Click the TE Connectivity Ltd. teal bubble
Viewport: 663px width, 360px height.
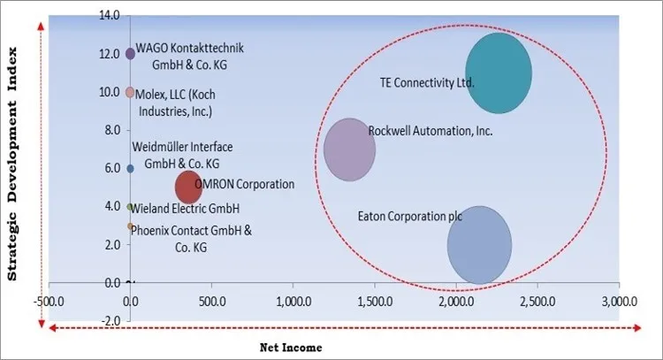point(499,74)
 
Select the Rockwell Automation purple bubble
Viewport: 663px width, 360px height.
point(350,149)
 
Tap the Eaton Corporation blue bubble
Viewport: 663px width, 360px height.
point(479,245)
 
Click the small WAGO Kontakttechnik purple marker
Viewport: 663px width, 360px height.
point(130,54)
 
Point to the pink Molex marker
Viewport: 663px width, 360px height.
point(130,92)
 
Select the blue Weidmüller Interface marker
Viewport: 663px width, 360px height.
point(130,168)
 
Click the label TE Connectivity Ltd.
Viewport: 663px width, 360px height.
point(427,83)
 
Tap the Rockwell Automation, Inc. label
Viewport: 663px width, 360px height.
point(431,131)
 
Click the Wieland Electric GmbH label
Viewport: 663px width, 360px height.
point(185,209)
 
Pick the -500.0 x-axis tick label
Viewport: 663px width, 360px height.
point(49,301)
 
